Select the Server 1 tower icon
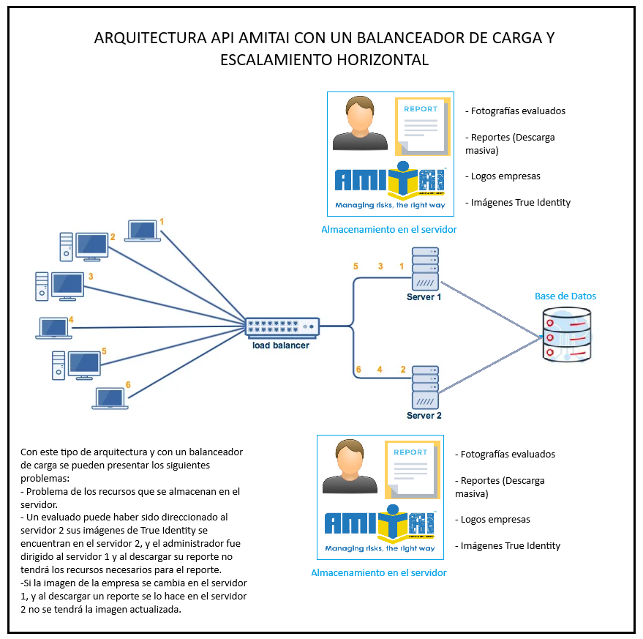[425, 269]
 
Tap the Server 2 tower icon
[425, 388]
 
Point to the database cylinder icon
[567, 334]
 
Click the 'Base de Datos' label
[565, 296]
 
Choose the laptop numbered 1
[143, 231]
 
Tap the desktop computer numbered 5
[76, 365]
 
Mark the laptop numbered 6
[110, 398]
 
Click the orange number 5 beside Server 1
[356, 266]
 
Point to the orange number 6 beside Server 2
[358, 370]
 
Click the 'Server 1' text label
[424, 297]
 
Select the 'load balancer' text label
[281, 345]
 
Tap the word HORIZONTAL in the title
[372, 60]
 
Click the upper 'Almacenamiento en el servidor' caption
[389, 230]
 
